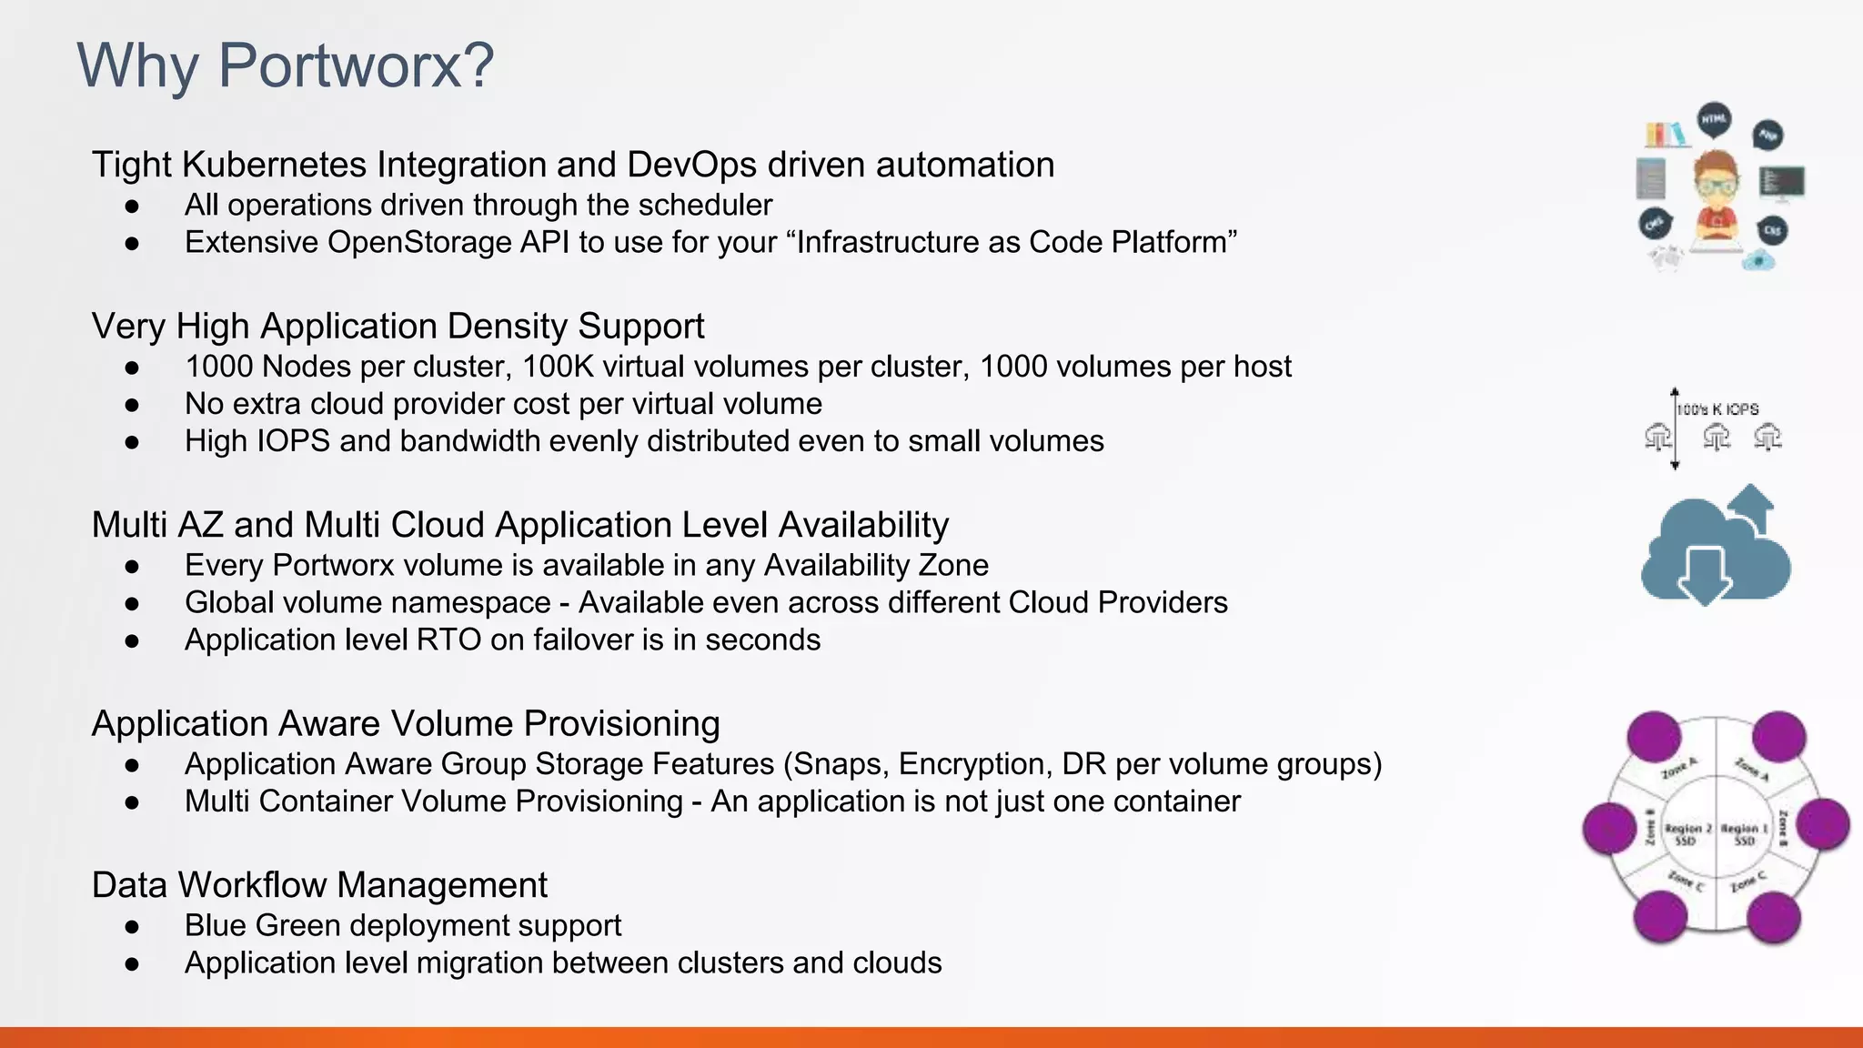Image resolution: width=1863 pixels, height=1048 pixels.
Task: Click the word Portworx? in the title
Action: [356, 65]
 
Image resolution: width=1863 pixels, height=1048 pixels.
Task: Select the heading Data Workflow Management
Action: [319, 885]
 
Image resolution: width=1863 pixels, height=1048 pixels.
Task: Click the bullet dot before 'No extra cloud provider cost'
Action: [133, 404]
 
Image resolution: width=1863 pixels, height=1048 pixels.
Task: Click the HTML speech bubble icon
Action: [1715, 120]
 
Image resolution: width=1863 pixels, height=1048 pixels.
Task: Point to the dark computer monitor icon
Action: [1781, 182]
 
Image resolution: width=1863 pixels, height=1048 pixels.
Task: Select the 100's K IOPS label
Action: [1717, 409]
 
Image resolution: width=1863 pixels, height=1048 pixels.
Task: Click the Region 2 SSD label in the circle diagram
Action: [1687, 833]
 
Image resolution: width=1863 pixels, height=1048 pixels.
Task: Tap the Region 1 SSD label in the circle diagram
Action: [1744, 833]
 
